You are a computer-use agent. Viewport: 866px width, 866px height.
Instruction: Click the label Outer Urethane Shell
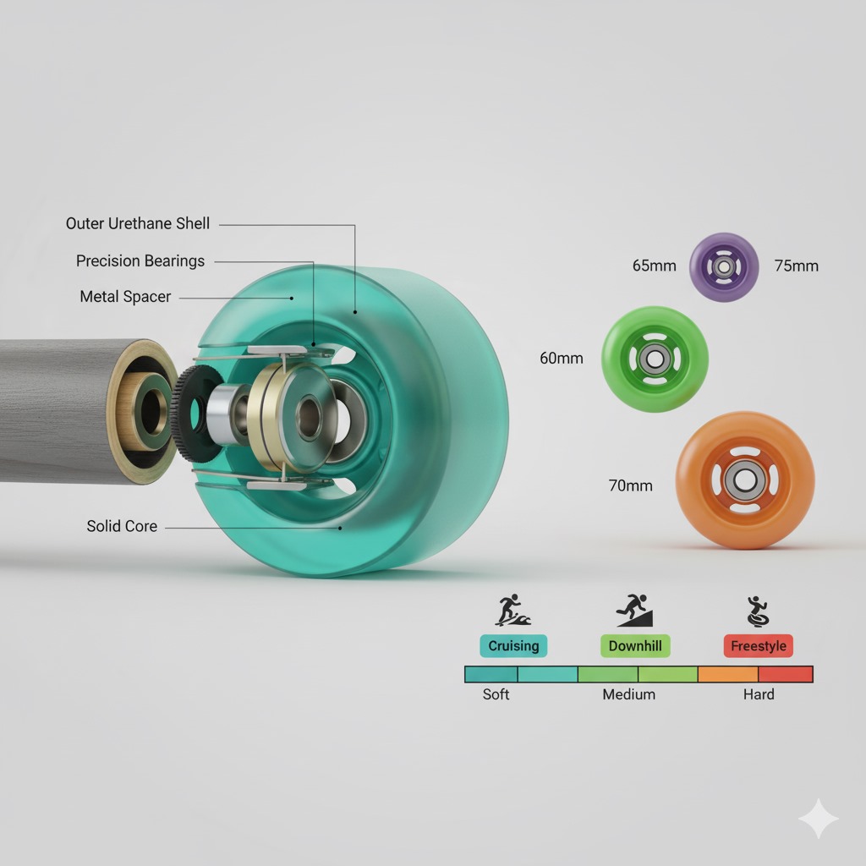coord(138,223)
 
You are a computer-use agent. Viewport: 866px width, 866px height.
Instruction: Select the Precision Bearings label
coord(140,260)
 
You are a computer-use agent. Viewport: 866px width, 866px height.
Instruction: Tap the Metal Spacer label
coord(125,297)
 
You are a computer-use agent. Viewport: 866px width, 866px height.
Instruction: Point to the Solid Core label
coord(122,526)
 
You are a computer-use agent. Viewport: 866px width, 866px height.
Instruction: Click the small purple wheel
coord(724,266)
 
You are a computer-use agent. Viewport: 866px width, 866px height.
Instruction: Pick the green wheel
coord(655,359)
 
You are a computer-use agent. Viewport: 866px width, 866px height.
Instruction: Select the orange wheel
coord(744,480)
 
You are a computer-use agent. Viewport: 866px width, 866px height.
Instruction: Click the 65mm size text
coord(655,266)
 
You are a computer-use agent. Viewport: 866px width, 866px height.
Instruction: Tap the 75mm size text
coord(797,266)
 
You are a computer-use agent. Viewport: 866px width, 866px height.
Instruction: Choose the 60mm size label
coord(562,359)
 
